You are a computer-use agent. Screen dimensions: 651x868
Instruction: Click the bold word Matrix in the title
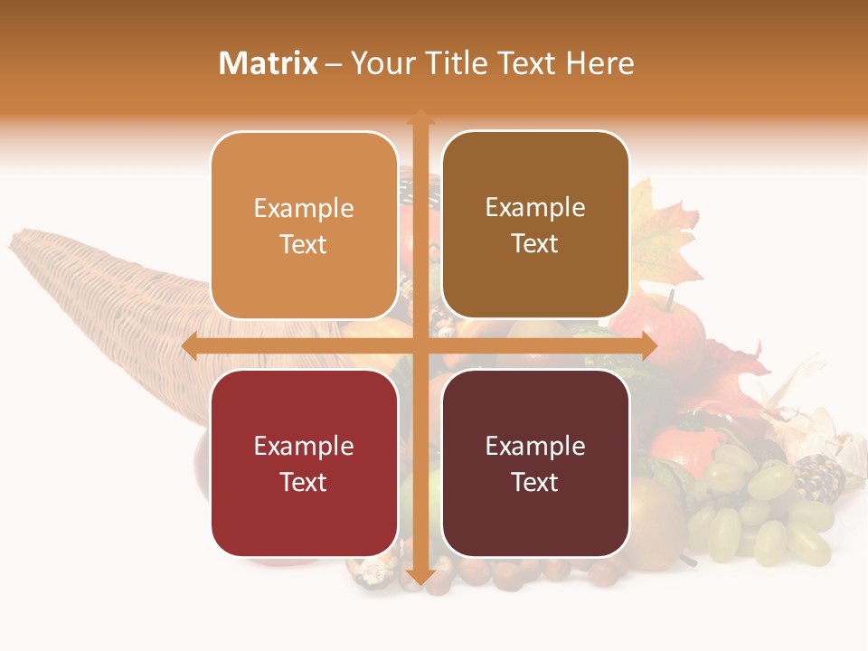(269, 63)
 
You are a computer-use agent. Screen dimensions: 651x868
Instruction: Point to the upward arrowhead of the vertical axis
(420, 118)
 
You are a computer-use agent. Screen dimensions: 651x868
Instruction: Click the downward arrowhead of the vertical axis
(420, 576)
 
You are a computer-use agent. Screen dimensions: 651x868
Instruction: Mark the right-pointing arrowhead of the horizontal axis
(648, 346)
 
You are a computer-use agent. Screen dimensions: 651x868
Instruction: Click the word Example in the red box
(304, 446)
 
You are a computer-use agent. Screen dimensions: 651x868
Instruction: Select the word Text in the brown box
(535, 243)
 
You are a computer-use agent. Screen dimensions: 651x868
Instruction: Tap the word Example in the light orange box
(304, 208)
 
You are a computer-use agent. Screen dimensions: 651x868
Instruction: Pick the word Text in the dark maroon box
(535, 482)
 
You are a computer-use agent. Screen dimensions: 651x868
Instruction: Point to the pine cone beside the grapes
(818, 479)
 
